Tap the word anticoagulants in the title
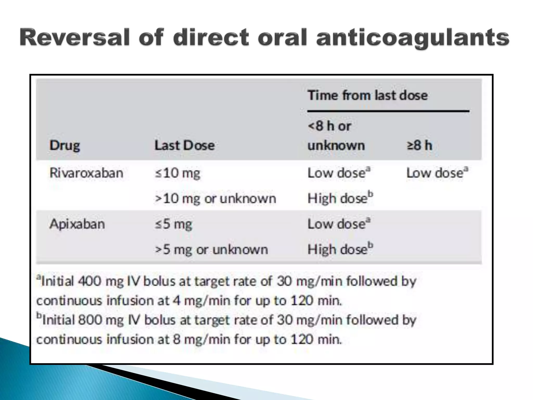point(413,38)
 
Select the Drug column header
point(65,145)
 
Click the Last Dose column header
point(185,145)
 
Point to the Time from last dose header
point(367,95)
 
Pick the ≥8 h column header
point(419,145)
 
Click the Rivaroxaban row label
point(86,173)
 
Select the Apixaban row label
point(77,224)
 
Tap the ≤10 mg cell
point(177,173)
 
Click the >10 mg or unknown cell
point(215,198)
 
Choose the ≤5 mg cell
point(173,224)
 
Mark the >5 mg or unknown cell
point(211,249)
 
